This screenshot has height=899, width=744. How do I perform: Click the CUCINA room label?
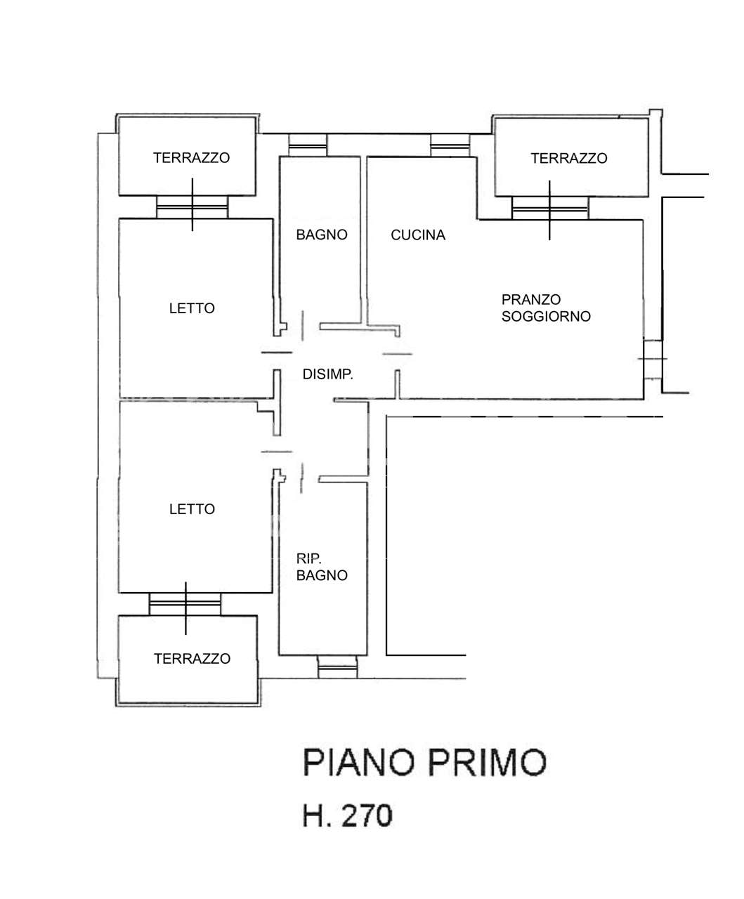tap(418, 235)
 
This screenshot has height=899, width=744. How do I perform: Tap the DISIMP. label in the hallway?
tap(327, 375)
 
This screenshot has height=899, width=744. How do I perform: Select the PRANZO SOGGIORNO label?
tap(546, 308)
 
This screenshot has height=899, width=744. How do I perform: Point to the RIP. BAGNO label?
tap(322, 567)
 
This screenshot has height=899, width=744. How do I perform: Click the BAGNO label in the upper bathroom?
tap(322, 235)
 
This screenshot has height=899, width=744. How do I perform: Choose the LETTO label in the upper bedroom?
tap(192, 308)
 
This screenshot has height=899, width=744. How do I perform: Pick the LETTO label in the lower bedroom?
tap(192, 509)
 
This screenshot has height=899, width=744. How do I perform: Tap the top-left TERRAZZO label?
tap(191, 158)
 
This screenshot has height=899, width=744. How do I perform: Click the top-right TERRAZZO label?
tap(568, 159)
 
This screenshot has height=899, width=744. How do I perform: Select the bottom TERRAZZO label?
tap(192, 659)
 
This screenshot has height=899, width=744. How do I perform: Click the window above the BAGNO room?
tap(308, 146)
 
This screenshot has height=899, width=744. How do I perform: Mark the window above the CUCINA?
tap(449, 146)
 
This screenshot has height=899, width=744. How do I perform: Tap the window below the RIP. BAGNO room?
tap(337, 667)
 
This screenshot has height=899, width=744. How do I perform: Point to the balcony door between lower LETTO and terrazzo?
tap(185, 604)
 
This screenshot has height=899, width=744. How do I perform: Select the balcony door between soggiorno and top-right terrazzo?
tap(550, 207)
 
